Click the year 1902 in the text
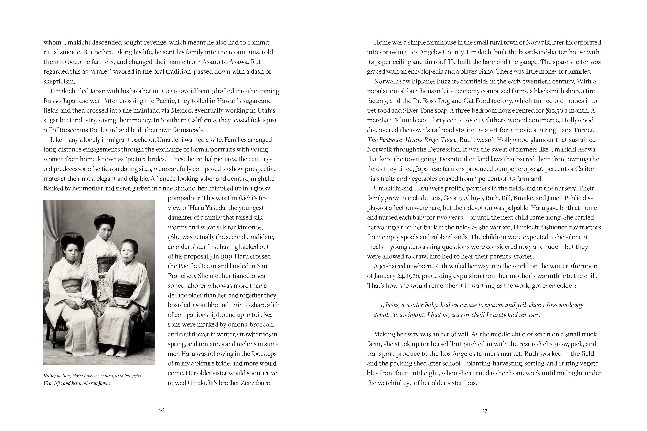pyautogui.click(x=166, y=91)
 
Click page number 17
pyautogui.click(x=485, y=410)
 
